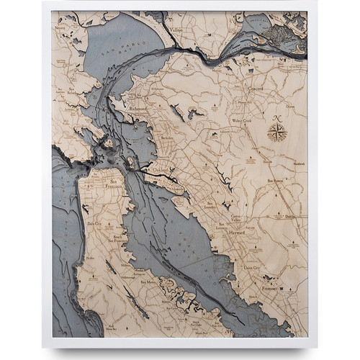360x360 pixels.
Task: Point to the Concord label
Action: pos(252,89)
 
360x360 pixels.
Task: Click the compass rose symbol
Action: pos(276,131)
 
